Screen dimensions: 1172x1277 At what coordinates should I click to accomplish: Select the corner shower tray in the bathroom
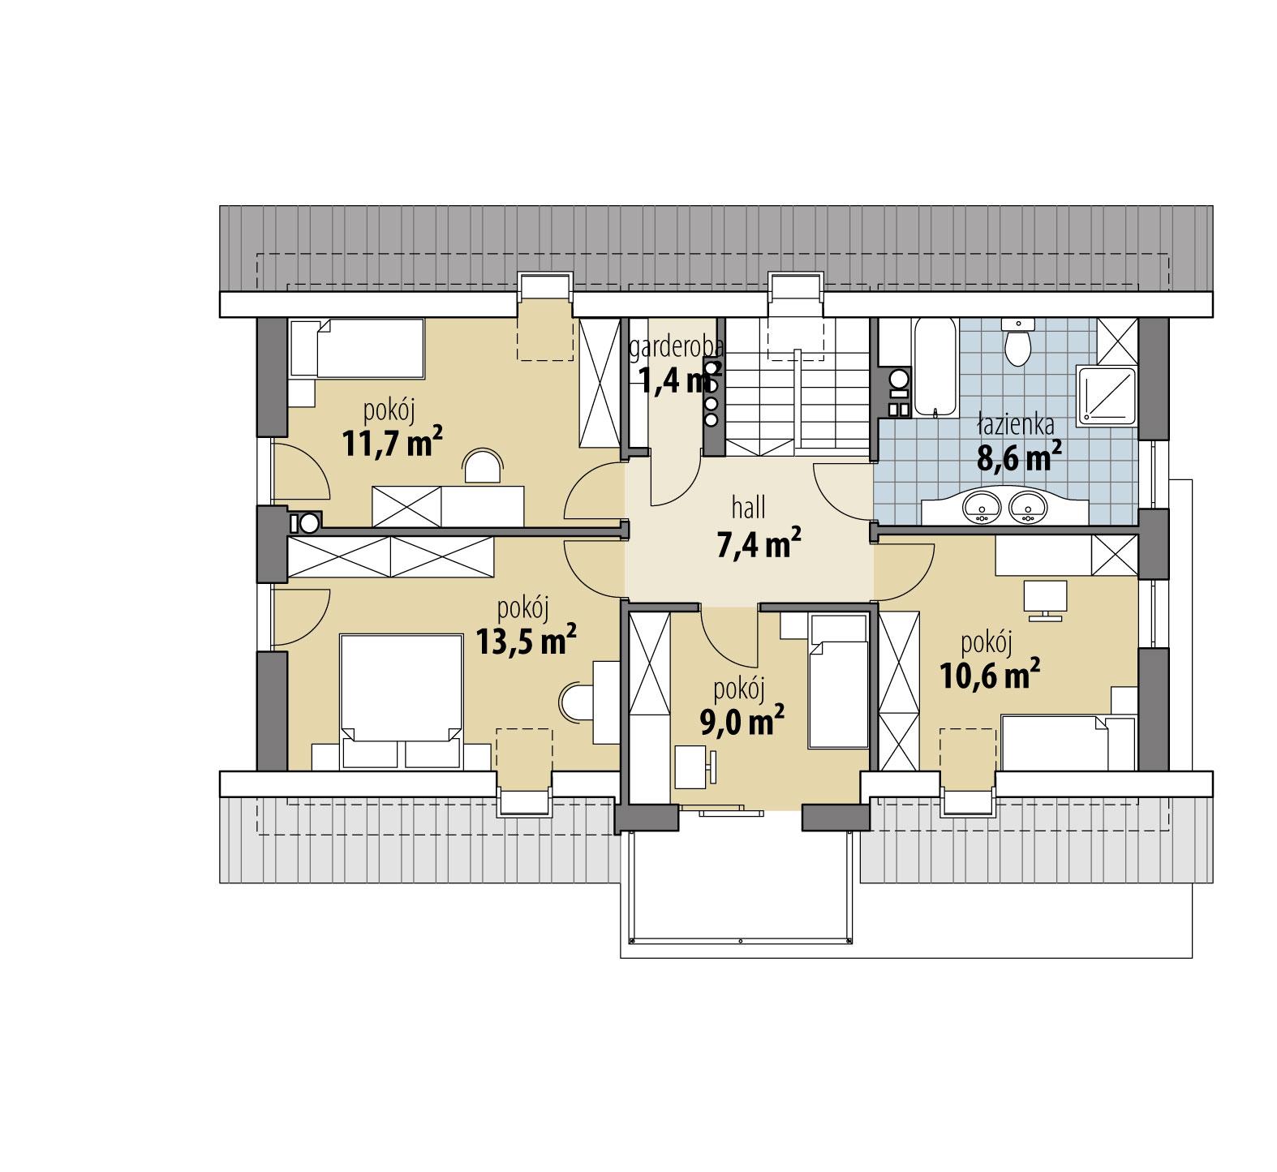1105,395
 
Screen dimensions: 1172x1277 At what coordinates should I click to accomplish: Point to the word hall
749,509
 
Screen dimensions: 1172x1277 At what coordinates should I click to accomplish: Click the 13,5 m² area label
526,641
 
